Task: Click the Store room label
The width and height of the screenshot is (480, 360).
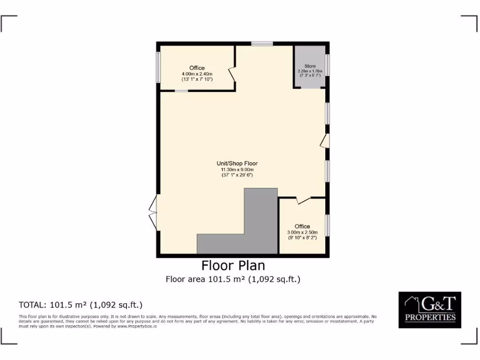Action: click(310, 66)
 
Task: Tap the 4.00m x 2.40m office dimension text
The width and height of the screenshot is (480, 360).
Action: click(197, 74)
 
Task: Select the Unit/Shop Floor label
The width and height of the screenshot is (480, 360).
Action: click(237, 164)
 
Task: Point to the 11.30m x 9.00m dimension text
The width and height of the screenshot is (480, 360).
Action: click(237, 169)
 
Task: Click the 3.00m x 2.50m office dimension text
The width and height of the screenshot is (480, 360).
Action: click(302, 232)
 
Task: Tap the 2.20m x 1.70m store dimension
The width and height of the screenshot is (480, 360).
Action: click(310, 71)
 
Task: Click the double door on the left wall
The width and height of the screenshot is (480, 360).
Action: click(153, 213)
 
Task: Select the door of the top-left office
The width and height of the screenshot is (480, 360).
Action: click(232, 75)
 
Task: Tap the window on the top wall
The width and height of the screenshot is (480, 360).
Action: click(262, 44)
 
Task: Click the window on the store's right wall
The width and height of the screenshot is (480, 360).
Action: click(327, 65)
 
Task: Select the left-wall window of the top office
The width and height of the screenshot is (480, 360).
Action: click(158, 67)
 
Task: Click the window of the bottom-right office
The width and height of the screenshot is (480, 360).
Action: click(327, 226)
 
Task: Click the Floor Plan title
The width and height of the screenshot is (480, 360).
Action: click(233, 266)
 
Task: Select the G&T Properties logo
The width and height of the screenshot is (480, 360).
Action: click(430, 309)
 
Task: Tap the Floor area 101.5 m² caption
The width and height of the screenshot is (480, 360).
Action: click(233, 279)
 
